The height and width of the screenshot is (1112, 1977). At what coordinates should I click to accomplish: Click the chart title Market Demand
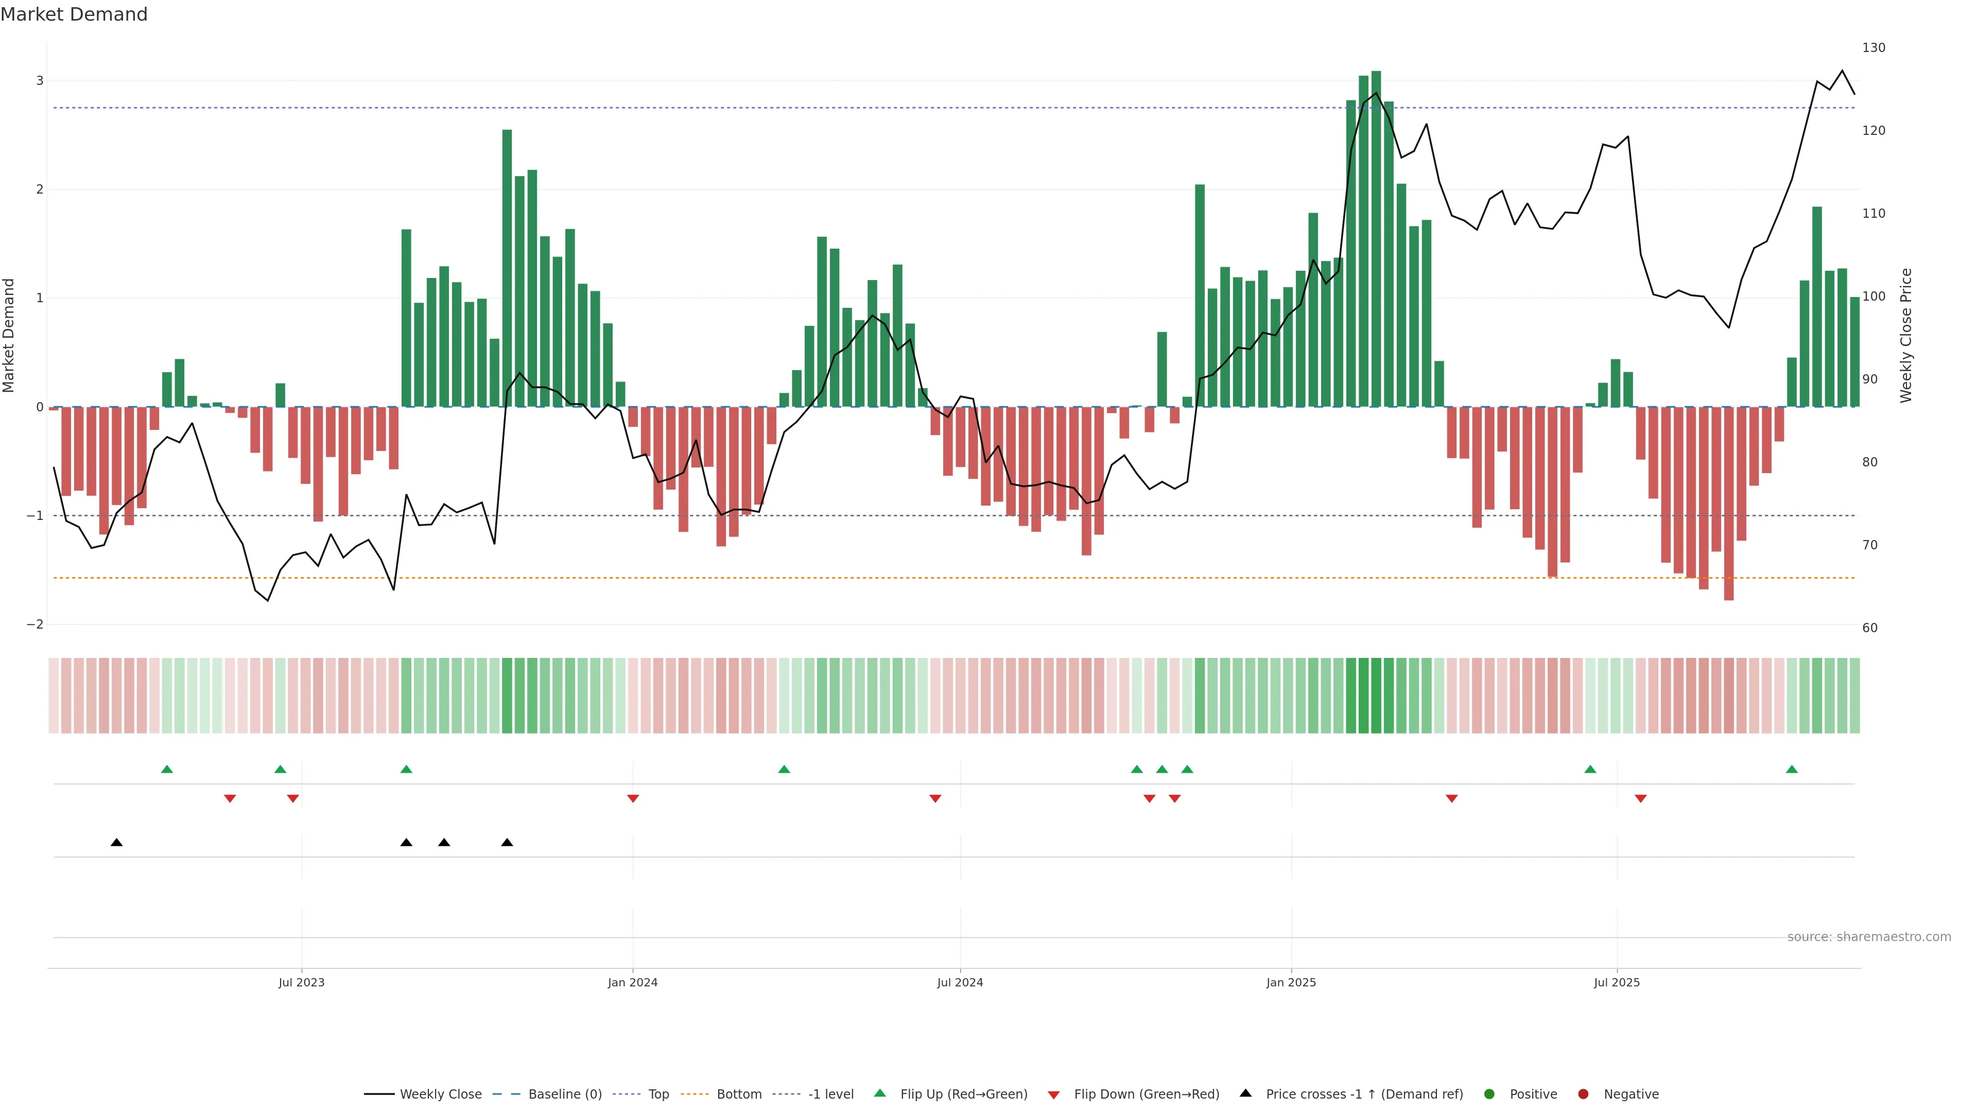[x=74, y=14]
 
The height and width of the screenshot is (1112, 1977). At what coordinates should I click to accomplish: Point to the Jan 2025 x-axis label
[x=1291, y=982]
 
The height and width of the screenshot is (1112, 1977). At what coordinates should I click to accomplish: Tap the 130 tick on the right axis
[x=1874, y=47]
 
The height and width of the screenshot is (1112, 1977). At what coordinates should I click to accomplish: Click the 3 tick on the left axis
[x=40, y=81]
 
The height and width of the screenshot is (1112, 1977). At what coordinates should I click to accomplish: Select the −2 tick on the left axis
[x=36, y=624]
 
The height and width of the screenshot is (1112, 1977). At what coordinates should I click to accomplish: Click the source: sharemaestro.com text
[x=1869, y=937]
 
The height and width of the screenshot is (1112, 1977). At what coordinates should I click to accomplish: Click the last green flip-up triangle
[x=1791, y=769]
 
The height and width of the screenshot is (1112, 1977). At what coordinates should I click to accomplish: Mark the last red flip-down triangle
[x=1640, y=799]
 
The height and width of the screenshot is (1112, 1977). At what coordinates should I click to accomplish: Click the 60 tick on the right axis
[x=1869, y=628]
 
